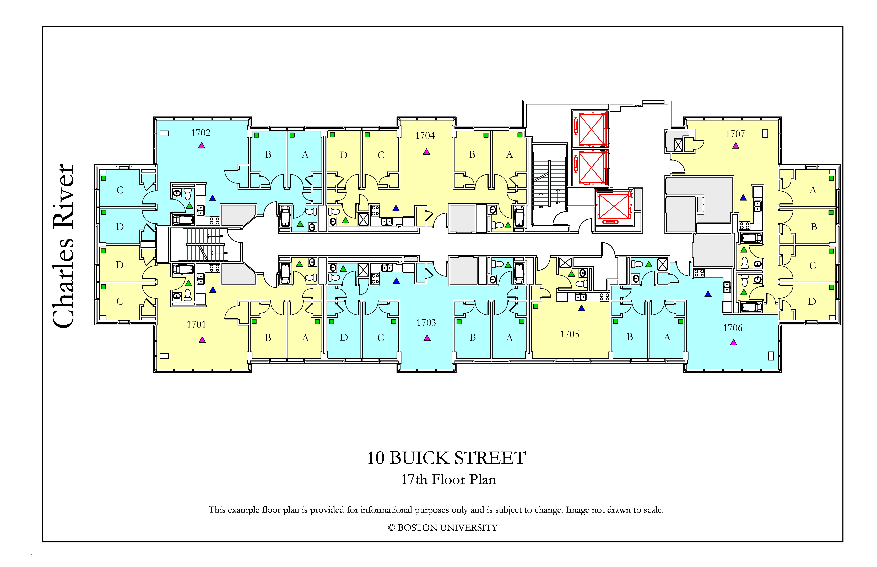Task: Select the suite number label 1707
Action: [735, 134]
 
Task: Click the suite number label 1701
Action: [196, 324]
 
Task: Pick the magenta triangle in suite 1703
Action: [427, 338]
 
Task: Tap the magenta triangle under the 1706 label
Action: [734, 343]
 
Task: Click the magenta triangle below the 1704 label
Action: [426, 152]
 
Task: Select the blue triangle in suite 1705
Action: [581, 308]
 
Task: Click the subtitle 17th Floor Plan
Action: [448, 479]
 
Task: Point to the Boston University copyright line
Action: [443, 528]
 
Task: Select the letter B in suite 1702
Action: [268, 155]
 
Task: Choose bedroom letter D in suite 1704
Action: [343, 155]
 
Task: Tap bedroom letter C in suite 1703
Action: [381, 338]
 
